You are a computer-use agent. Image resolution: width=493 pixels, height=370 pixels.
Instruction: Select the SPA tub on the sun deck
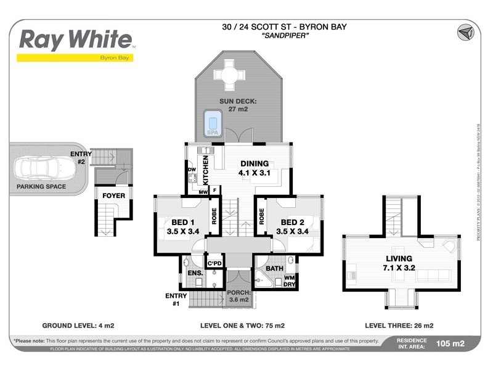click(213, 123)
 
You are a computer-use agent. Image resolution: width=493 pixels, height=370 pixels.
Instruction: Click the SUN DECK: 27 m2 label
click(238, 105)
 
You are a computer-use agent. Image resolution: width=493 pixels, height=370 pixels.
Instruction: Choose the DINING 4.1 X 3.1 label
click(254, 168)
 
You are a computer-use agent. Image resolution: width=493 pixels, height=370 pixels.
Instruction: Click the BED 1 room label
click(181, 227)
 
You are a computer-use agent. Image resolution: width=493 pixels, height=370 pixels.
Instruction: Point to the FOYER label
click(113, 196)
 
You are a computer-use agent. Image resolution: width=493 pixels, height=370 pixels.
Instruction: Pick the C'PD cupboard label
click(214, 264)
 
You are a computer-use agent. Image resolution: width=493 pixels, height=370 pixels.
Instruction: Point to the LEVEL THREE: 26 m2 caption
click(400, 325)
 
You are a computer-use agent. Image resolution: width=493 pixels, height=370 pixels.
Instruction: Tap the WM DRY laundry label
click(289, 281)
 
